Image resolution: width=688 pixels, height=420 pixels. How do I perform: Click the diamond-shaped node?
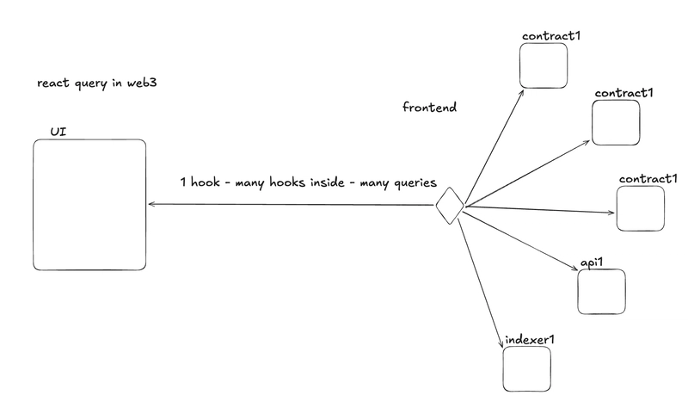point(449,207)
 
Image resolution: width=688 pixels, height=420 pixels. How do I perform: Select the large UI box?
point(89,204)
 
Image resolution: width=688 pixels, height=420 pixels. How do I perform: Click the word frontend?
point(429,108)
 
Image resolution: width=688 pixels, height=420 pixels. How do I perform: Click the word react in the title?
point(52,84)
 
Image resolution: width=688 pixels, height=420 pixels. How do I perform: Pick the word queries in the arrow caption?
point(414,182)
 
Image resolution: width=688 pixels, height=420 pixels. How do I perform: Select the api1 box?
point(601,292)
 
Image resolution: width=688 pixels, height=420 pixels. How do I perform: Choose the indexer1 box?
point(526,368)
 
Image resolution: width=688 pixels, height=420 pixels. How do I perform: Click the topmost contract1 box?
point(544,65)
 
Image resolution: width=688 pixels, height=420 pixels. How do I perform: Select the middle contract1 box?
point(617,122)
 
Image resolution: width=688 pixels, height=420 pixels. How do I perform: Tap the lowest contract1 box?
point(641,208)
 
